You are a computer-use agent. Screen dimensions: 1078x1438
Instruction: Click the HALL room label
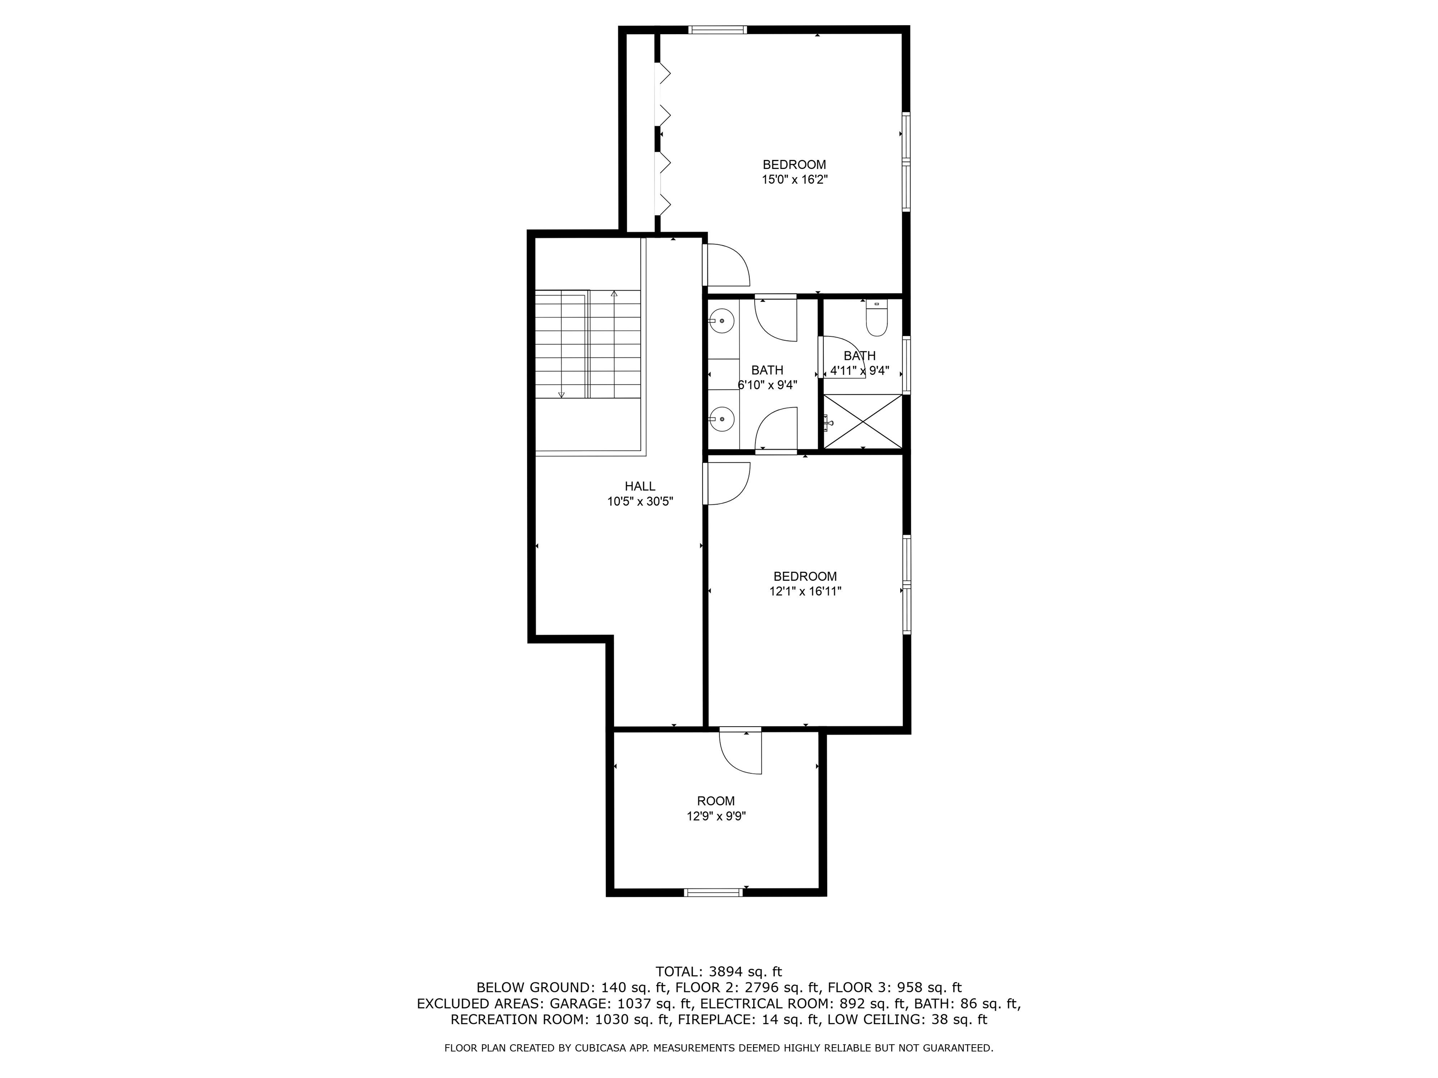click(640, 486)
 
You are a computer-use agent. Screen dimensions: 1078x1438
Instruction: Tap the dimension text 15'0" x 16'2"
click(794, 180)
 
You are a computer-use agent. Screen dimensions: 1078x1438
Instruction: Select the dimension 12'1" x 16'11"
click(805, 591)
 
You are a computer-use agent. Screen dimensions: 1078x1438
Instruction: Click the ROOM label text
click(716, 801)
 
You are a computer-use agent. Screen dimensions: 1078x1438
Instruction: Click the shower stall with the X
click(863, 421)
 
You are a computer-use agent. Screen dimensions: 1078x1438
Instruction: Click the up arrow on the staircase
click(614, 294)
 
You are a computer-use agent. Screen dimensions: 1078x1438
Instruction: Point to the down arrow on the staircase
click(562, 394)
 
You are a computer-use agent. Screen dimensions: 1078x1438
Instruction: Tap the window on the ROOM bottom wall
click(713, 893)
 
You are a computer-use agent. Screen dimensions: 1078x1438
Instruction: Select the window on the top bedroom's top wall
click(718, 29)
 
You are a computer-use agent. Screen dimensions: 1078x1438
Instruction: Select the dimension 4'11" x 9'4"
click(859, 371)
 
